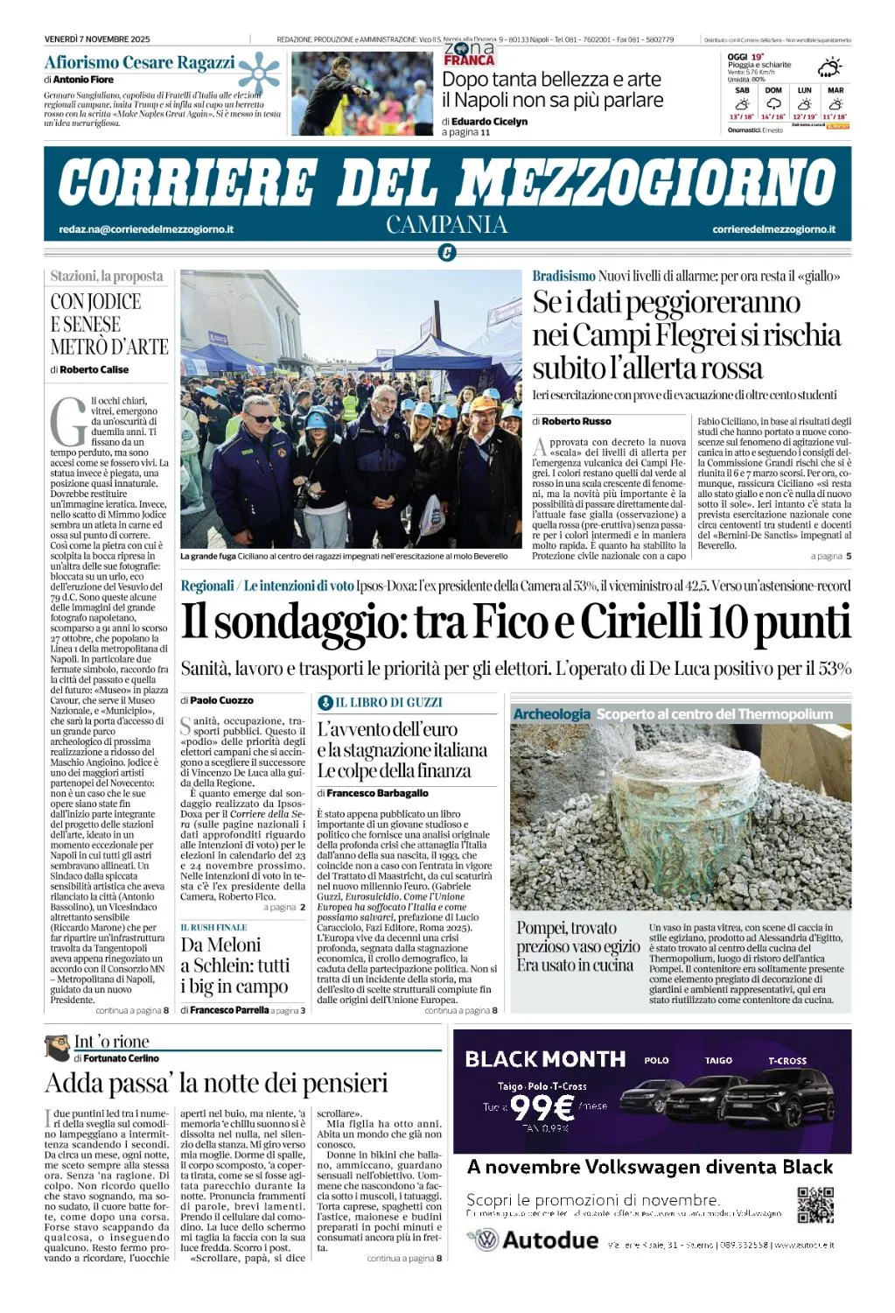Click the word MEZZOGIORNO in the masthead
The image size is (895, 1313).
pyautogui.click(x=647, y=183)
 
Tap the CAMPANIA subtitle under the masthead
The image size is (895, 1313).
pyautogui.click(x=447, y=225)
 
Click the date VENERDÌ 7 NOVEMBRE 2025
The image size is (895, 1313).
pyautogui.click(x=97, y=39)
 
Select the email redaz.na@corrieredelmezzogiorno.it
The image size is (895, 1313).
pyautogui.click(x=146, y=229)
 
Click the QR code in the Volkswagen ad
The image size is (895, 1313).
pyautogui.click(x=815, y=1204)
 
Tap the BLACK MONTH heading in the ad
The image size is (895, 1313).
pyautogui.click(x=545, y=1059)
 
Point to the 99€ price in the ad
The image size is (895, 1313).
pyautogui.click(x=542, y=1108)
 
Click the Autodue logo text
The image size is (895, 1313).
pyautogui.click(x=550, y=1239)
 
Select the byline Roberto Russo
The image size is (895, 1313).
pyautogui.click(x=577, y=421)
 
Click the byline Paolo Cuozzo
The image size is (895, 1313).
pyautogui.click(x=221, y=700)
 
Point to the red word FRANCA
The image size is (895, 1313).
pyautogui.click(x=469, y=60)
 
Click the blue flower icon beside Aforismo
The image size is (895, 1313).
pyautogui.click(x=259, y=72)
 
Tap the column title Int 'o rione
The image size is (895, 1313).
pyautogui.click(x=111, y=1042)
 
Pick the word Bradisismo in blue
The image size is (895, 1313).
pyautogui.click(x=563, y=276)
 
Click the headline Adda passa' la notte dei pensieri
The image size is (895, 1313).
pyautogui.click(x=216, y=1084)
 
